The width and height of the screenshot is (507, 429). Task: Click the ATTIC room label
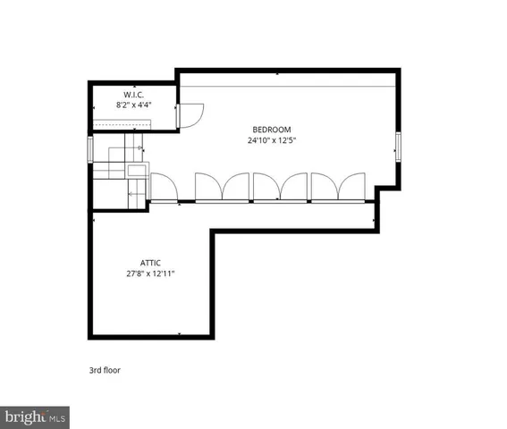pos(149,263)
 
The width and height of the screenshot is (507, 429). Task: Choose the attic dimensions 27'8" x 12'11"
pos(149,273)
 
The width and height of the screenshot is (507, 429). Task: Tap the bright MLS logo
pos(35,416)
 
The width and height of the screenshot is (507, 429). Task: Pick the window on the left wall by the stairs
pos(89,148)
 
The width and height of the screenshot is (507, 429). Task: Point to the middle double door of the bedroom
pos(280,187)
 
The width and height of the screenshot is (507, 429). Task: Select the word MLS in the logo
pos(57,416)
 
